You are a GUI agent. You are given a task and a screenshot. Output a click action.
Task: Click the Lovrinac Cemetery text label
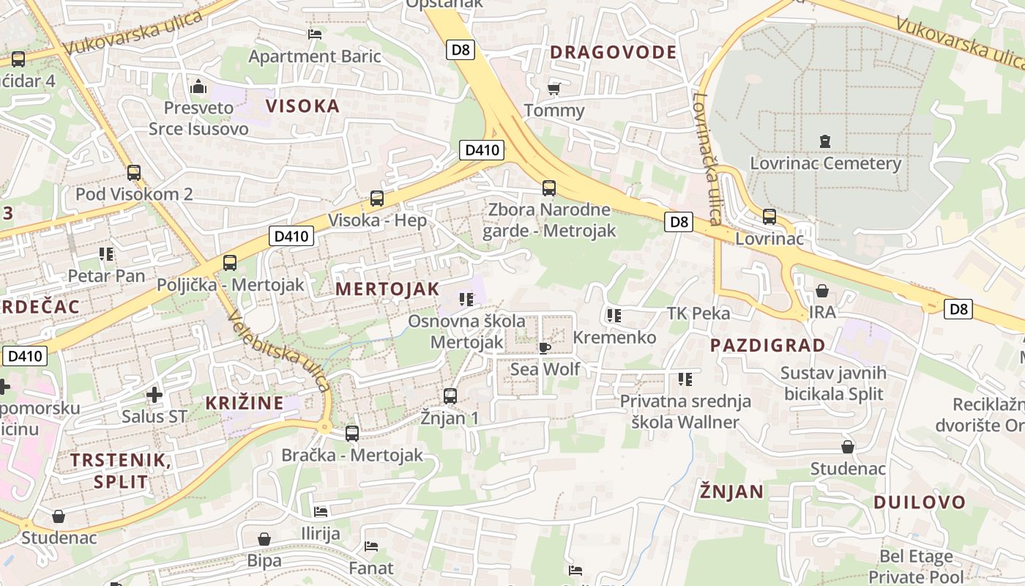click(825, 163)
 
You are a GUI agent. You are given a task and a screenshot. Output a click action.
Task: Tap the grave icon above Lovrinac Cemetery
click(825, 141)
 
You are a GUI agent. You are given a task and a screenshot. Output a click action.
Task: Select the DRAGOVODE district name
click(613, 52)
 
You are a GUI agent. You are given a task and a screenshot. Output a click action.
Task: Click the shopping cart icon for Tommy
click(554, 89)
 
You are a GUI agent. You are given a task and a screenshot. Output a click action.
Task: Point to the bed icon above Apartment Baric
click(315, 34)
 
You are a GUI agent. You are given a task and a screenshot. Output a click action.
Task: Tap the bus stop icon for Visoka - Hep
click(377, 198)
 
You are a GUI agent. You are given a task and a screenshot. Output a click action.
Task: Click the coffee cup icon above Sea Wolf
click(544, 347)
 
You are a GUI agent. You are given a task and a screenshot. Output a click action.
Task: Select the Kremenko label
click(614, 338)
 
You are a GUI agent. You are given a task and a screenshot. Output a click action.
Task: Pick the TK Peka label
click(698, 314)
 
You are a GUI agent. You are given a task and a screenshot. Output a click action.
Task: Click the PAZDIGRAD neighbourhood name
click(767, 345)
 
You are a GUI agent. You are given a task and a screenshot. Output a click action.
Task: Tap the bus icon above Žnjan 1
click(450, 396)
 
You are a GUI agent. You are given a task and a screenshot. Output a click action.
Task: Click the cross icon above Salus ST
click(154, 395)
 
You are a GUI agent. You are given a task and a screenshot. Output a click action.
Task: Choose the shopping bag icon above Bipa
click(264, 539)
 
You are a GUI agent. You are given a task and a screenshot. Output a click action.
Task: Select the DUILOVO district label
click(920, 502)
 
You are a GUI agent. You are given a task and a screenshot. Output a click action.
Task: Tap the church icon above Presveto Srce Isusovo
click(198, 86)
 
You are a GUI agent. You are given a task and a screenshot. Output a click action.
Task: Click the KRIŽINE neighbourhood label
click(244, 403)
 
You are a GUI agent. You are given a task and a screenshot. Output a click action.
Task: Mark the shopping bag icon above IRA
click(821, 291)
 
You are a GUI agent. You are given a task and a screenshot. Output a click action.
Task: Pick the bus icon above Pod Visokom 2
click(134, 173)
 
